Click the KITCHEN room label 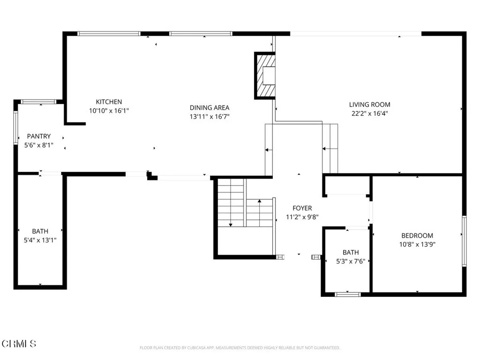109,102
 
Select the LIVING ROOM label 369,105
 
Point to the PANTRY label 38,136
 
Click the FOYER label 302,208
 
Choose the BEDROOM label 417,235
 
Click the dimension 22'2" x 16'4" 369,113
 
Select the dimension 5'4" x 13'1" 40,240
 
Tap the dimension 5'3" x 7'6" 351,261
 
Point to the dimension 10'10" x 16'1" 109,111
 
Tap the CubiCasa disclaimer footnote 240,348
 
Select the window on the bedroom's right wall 464,241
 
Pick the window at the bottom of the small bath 347,294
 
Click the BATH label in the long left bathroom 40,231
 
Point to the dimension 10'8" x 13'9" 417,244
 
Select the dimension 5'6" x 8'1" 38,145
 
